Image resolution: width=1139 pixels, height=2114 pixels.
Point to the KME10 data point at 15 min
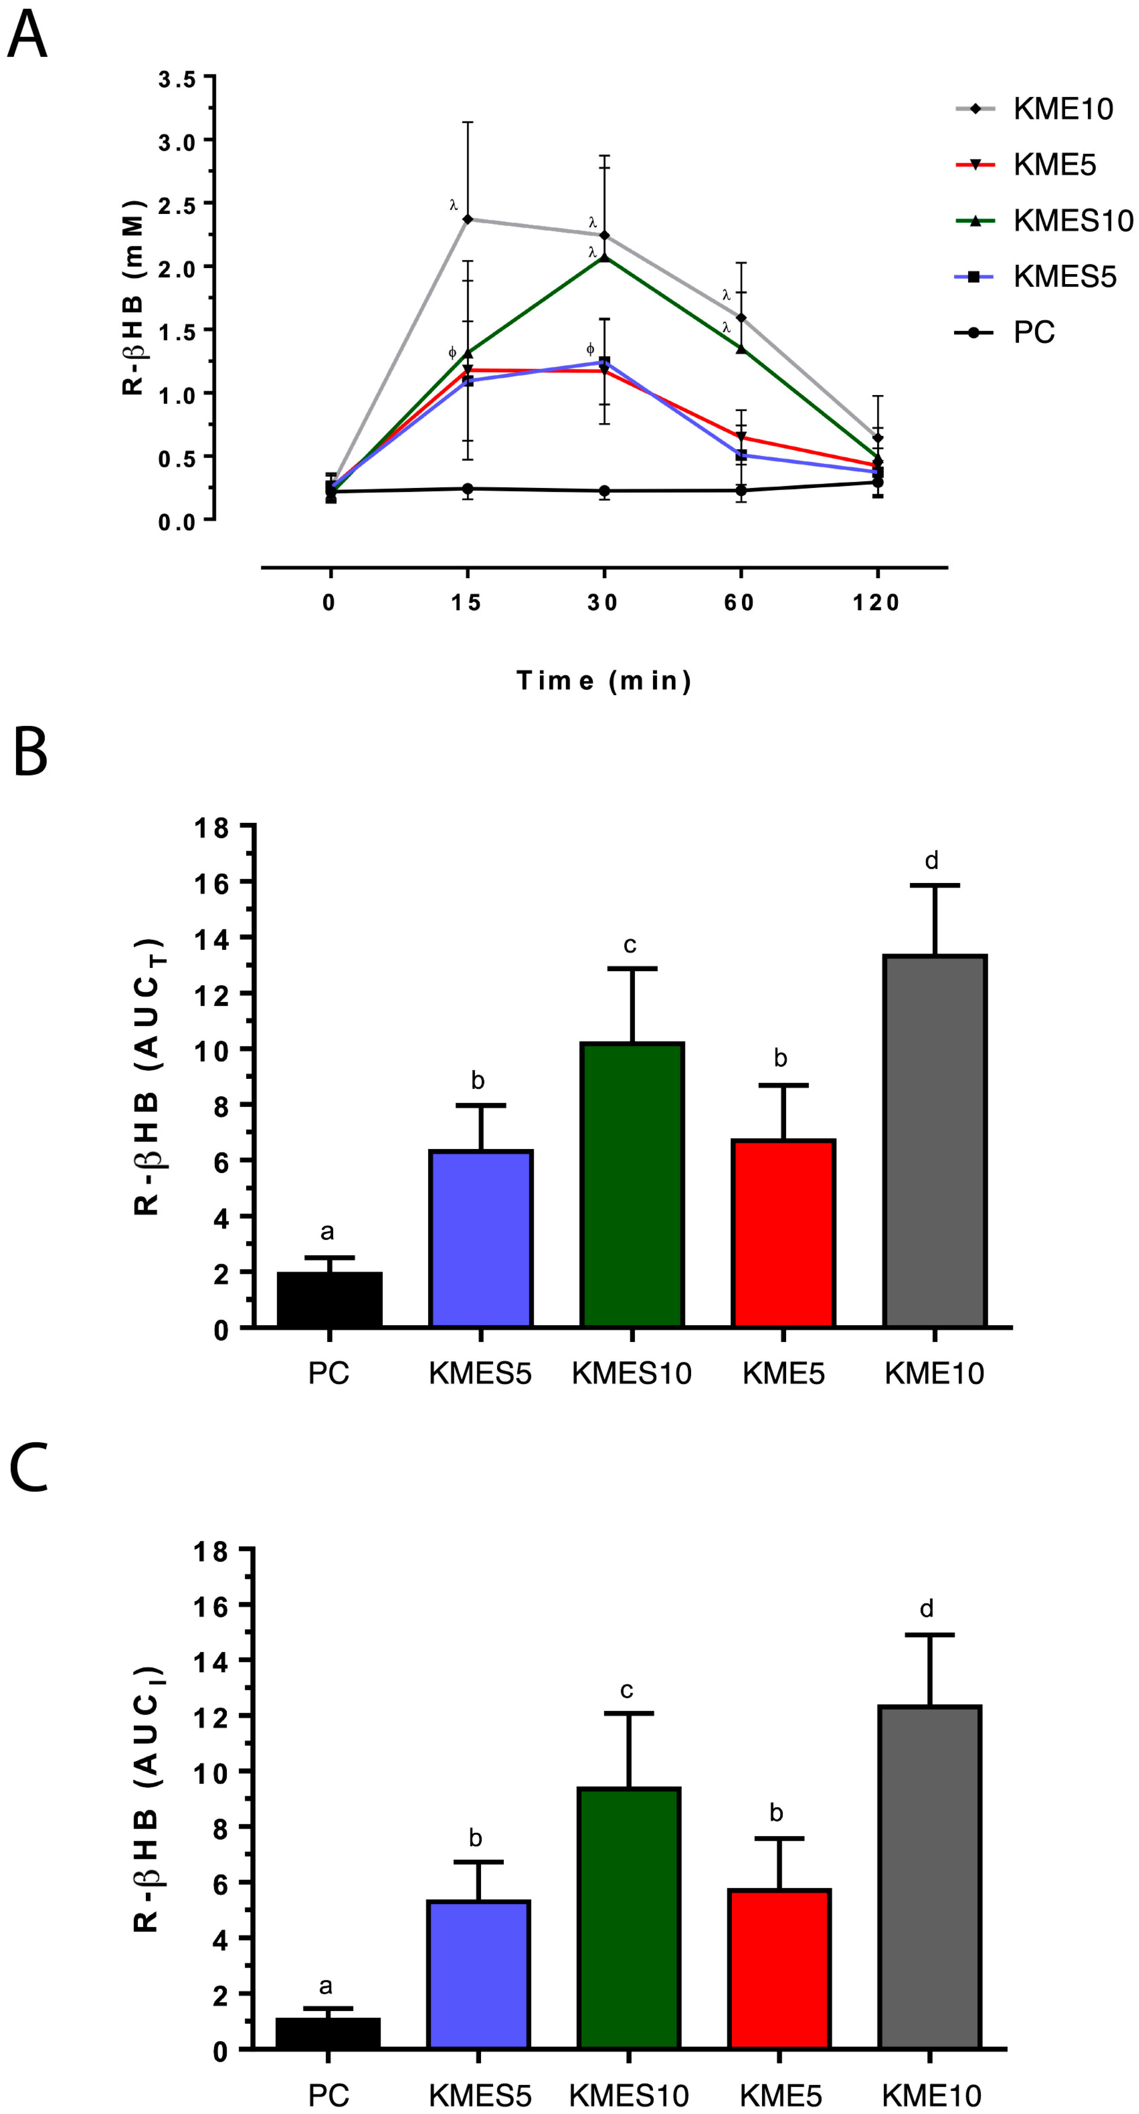(468, 219)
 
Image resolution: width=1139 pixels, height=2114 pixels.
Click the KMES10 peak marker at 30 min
(605, 257)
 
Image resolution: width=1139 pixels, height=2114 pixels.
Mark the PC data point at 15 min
(468, 489)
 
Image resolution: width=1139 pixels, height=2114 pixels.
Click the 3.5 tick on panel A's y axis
(177, 79)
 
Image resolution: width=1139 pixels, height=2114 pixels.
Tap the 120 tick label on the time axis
(876, 603)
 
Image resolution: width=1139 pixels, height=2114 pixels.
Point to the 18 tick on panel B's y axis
(212, 828)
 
